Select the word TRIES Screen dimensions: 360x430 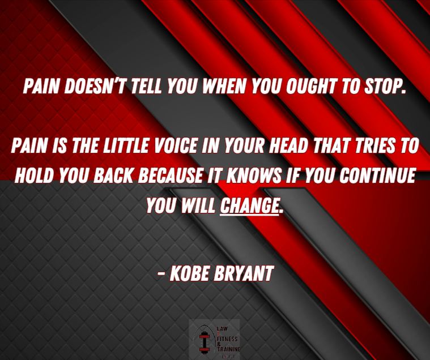376,147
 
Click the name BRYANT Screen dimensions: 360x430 244,274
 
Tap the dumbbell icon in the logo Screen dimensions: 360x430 203,341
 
